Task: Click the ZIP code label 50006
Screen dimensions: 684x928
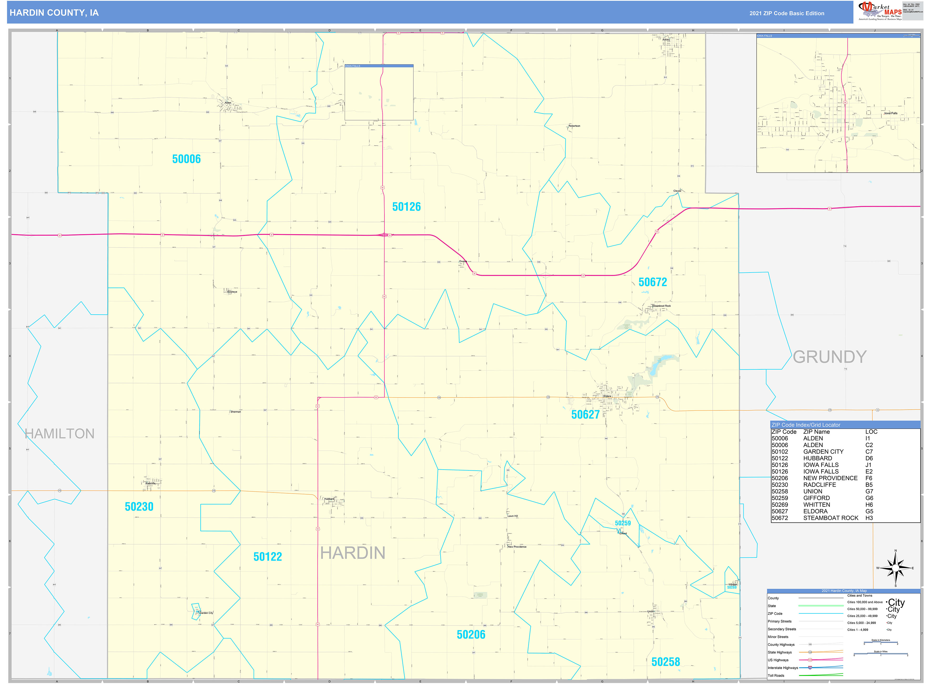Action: [186, 159]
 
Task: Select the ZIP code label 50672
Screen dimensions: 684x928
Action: [652, 282]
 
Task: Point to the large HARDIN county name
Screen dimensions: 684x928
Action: [353, 553]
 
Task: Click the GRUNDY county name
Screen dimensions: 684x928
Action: [829, 357]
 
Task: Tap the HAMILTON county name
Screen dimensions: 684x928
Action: [60, 434]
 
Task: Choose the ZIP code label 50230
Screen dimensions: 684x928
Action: [139, 507]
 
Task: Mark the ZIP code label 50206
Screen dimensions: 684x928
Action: [471, 635]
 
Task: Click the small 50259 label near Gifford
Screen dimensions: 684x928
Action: [622, 523]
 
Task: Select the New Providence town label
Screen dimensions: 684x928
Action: [517, 547]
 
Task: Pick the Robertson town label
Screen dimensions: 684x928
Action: [574, 126]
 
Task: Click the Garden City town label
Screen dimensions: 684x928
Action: [206, 613]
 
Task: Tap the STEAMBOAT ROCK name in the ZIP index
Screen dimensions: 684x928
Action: [830, 518]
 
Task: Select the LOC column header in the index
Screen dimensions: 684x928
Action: [871, 432]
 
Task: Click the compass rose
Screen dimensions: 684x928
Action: [895, 568]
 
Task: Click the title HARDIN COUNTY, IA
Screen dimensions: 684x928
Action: [54, 13]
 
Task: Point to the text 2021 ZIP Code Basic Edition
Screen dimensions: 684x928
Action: [787, 13]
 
